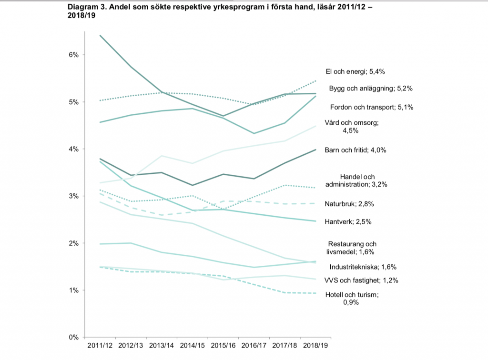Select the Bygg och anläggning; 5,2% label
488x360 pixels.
coord(364,89)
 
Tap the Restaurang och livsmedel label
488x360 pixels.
coord(352,248)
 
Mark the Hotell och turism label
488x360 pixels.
coord(352,298)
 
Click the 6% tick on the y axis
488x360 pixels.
coord(74,55)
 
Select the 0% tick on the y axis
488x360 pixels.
coord(74,337)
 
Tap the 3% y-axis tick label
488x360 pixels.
coord(74,196)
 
